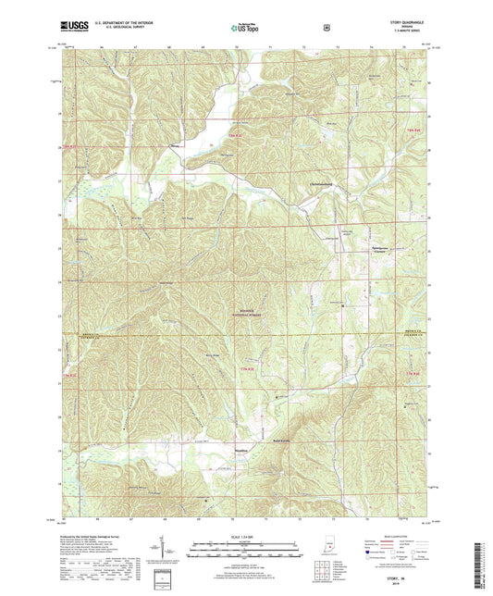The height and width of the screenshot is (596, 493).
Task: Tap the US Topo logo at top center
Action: click(245, 28)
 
